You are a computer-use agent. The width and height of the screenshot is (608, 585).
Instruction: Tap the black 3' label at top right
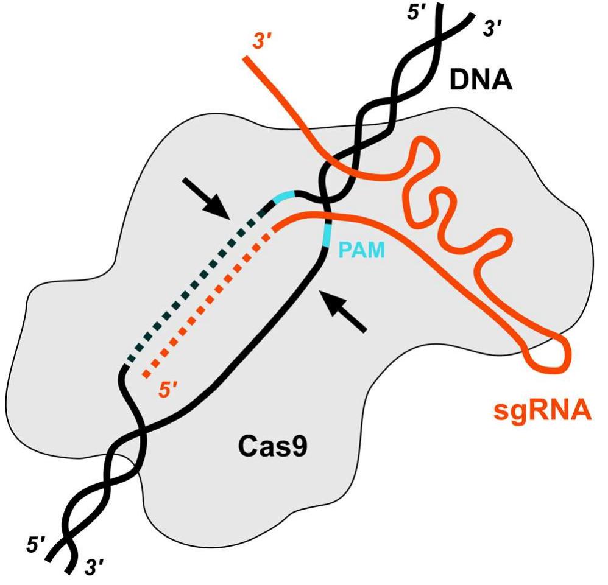[x=493, y=29]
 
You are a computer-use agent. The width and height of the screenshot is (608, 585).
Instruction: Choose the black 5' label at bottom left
[x=35, y=544]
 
